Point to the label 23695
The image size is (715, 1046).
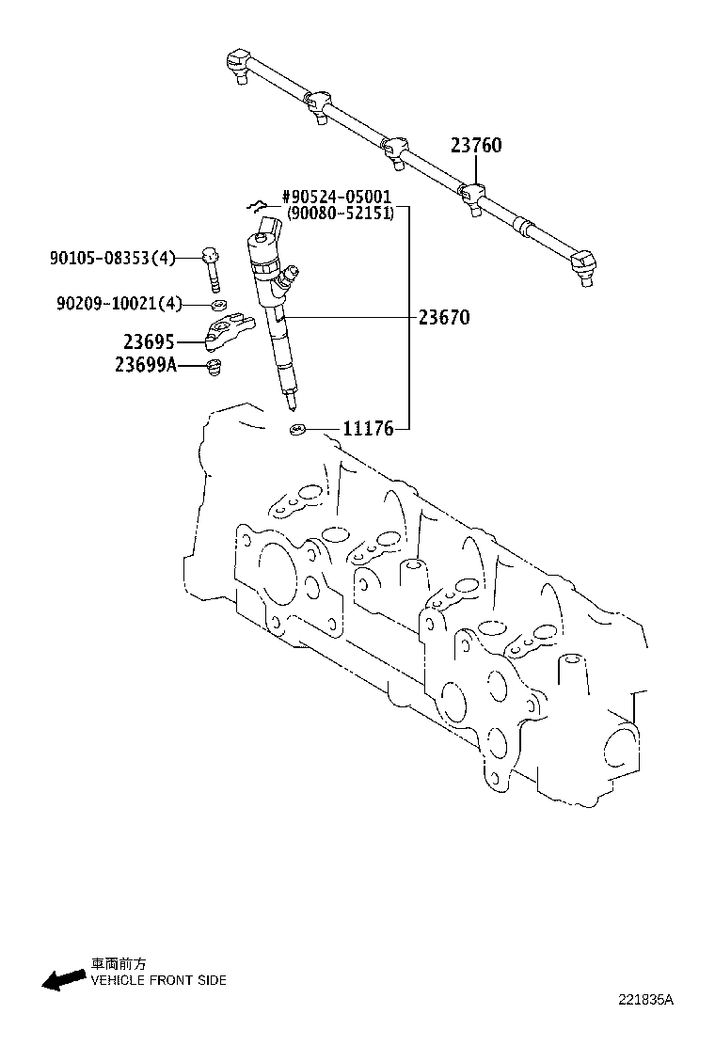click(x=149, y=342)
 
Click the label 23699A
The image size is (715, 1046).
click(x=145, y=365)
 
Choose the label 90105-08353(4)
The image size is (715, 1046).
click(x=112, y=257)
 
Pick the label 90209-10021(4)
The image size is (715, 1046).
click(x=119, y=302)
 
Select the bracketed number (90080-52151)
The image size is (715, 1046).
click(x=340, y=214)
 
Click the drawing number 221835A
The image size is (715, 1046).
click(x=646, y=1001)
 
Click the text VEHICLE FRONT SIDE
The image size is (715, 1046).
click(x=158, y=980)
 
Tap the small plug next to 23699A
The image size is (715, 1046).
click(x=213, y=366)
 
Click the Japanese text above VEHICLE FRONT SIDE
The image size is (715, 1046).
click(x=118, y=964)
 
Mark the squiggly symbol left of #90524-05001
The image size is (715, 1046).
click(x=254, y=204)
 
